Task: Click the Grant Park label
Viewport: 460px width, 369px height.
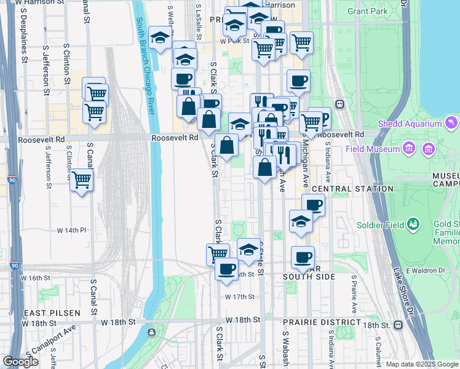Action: pyautogui.click(x=367, y=11)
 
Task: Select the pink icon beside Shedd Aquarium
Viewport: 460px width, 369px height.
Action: pyautogui.click(x=453, y=124)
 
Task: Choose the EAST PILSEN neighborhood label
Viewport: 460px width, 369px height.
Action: pyautogui.click(x=52, y=313)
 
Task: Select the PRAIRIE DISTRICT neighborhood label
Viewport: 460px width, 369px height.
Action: pyautogui.click(x=322, y=322)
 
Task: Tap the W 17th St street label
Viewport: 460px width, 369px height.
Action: pyautogui.click(x=239, y=297)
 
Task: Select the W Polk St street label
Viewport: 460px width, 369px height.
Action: pyautogui.click(x=234, y=41)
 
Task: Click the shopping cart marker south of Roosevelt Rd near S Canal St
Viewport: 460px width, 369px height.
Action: pyautogui.click(x=81, y=180)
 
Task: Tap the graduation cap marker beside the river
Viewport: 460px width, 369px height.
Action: pyautogui.click(x=160, y=39)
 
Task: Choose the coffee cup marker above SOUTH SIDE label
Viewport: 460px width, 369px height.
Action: pyautogui.click(x=302, y=257)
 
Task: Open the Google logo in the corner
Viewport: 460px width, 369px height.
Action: pyautogui.click(x=20, y=362)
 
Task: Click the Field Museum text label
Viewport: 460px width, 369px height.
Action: pyautogui.click(x=373, y=148)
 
